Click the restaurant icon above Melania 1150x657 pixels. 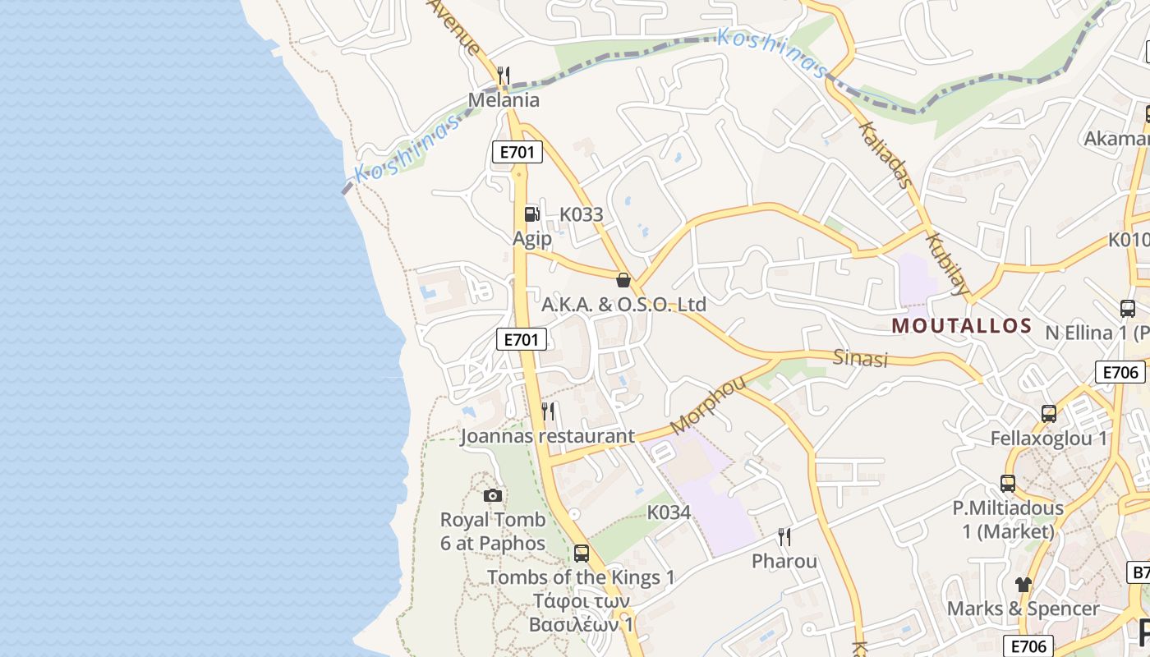point(504,76)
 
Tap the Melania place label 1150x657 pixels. point(504,100)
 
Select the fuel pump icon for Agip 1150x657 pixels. point(532,214)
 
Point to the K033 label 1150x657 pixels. point(581,215)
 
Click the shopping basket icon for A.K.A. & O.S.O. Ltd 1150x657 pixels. point(623,280)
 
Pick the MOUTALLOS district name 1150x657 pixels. point(961,325)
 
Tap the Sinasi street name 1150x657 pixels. point(861,358)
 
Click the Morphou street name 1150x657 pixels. point(707,405)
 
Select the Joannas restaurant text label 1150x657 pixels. point(547,436)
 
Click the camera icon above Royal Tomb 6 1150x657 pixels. point(493,495)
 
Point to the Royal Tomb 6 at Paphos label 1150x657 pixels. point(493,531)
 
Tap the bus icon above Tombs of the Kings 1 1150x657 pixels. point(582,553)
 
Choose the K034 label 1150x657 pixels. point(669,512)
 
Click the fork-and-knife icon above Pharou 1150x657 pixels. point(784,537)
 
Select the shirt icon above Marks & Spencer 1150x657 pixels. point(1023,585)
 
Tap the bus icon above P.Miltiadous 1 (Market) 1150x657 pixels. point(1008,484)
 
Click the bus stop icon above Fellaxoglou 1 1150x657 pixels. point(1049,413)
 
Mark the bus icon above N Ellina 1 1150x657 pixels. point(1128,309)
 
